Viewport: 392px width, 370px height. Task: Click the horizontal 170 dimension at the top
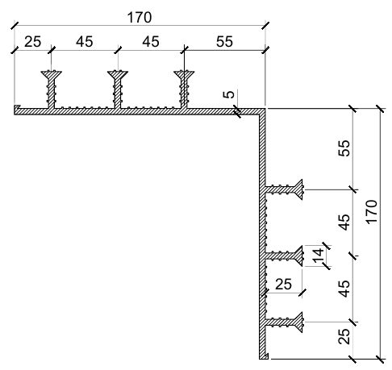click(x=140, y=18)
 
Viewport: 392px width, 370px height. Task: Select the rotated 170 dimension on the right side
click(x=372, y=212)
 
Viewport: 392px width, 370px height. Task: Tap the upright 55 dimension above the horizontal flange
click(x=224, y=42)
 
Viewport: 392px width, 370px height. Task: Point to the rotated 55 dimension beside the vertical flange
click(x=344, y=148)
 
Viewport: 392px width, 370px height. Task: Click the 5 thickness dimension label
click(x=229, y=94)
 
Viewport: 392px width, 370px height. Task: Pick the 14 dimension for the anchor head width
click(x=318, y=256)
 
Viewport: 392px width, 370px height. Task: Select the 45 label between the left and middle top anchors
click(x=85, y=42)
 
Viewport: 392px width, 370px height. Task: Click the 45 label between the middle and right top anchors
click(x=151, y=42)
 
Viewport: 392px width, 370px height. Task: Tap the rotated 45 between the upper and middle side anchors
click(x=344, y=222)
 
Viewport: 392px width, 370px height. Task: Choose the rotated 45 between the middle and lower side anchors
click(x=344, y=289)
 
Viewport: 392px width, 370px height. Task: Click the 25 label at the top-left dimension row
click(x=33, y=42)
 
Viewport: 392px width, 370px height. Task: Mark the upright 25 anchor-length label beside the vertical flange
click(x=283, y=285)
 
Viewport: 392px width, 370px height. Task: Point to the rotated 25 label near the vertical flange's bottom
click(x=344, y=336)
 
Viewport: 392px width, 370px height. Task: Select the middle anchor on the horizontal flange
click(x=118, y=89)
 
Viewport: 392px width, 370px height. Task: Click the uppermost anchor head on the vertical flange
click(x=298, y=189)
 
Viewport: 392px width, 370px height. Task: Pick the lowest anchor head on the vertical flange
click(x=298, y=322)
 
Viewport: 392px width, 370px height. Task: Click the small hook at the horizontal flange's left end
click(x=17, y=107)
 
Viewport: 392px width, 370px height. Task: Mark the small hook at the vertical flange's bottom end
click(x=265, y=356)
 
